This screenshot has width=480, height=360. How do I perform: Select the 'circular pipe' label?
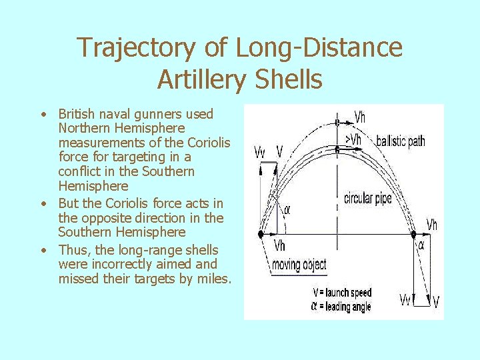coord(367,198)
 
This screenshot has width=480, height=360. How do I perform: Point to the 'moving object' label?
coord(299,265)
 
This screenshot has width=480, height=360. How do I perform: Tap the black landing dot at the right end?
coord(413,235)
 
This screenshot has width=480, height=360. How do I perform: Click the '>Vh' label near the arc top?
coord(353,139)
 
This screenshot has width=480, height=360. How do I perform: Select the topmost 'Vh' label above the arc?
coord(359,117)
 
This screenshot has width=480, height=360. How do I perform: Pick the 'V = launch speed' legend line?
coord(342,293)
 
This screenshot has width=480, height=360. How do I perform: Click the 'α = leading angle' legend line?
coord(341,307)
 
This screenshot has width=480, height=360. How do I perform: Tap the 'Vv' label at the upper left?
coord(260,153)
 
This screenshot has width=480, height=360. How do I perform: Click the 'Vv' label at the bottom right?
coord(406,300)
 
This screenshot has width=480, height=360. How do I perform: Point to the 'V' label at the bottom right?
coord(435,302)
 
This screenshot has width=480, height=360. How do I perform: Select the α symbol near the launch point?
coord(287,210)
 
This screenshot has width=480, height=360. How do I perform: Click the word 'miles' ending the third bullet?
coord(212,279)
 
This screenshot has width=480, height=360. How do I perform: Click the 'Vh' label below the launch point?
coord(281,246)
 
